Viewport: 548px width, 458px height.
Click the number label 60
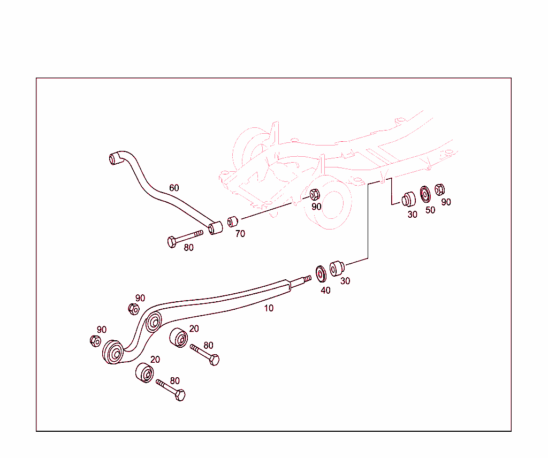point(174,188)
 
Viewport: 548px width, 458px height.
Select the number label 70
point(240,234)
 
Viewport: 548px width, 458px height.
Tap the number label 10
point(269,308)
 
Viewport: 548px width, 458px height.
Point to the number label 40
point(325,291)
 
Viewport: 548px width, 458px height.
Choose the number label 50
point(430,210)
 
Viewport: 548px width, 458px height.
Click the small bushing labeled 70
point(232,222)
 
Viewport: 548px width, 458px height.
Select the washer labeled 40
point(322,273)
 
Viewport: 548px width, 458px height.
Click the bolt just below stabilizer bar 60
point(185,237)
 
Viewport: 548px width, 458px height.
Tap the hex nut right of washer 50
point(440,189)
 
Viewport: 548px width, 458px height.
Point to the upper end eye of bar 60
point(113,158)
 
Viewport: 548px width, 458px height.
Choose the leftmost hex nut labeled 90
point(95,340)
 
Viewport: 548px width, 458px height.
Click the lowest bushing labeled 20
point(143,373)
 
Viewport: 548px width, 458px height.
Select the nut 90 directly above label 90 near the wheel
point(315,194)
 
